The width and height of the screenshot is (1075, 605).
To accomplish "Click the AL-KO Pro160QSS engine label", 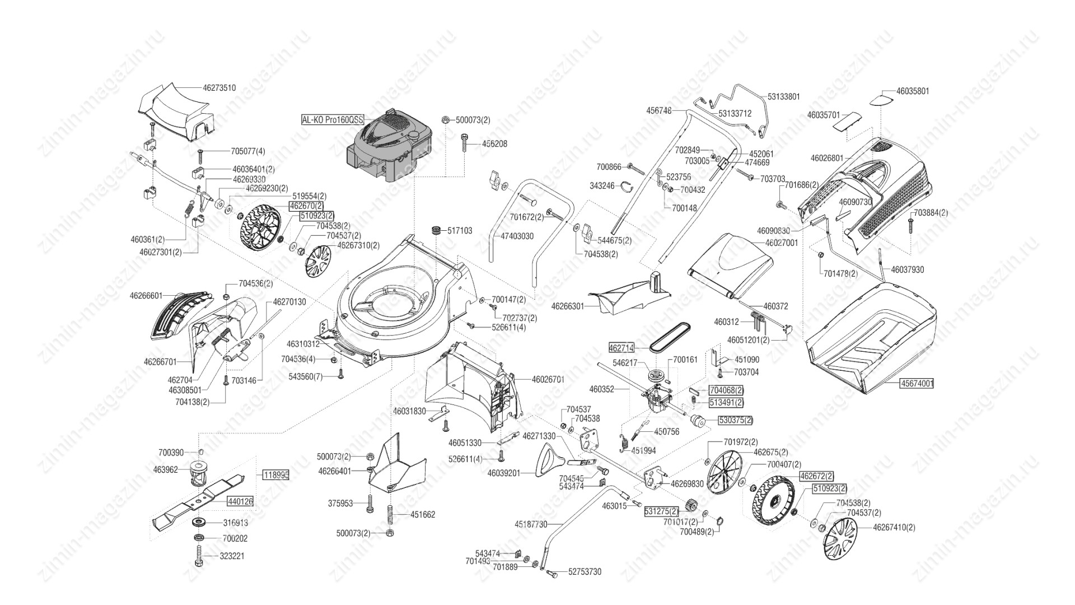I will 332,120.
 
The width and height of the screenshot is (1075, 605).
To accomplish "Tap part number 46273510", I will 219,88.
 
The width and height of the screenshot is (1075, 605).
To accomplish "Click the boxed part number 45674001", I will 917,384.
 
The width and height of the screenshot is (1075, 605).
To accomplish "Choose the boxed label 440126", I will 240,502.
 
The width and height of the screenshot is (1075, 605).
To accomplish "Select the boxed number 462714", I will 621,348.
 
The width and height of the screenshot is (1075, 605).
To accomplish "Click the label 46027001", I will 782,244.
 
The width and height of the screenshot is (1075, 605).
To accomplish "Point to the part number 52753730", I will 585,572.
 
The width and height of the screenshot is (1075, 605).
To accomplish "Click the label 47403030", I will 517,236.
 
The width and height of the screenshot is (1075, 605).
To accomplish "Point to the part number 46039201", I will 504,473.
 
